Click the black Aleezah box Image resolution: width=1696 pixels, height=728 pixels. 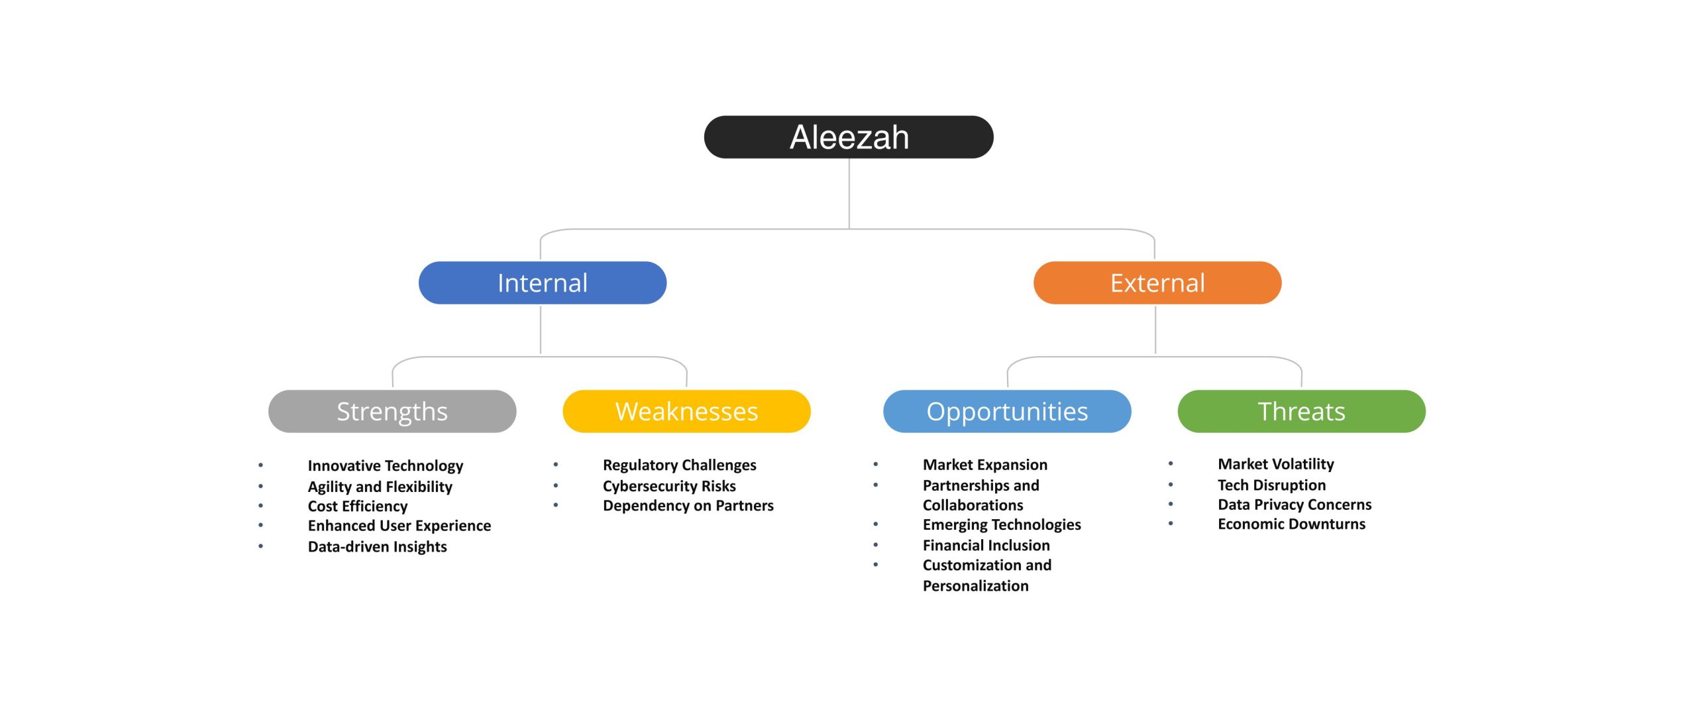click(x=848, y=137)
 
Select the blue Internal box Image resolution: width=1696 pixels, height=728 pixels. click(x=542, y=283)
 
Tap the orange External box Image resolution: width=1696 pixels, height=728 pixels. click(x=1157, y=283)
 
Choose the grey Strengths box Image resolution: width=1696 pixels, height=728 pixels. click(x=392, y=412)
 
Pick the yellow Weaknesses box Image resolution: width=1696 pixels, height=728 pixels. click(x=686, y=412)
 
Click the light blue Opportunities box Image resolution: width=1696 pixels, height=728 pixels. click(x=1006, y=412)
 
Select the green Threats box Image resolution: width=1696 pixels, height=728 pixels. click(x=1301, y=412)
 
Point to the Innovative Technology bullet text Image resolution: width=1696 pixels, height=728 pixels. click(x=385, y=465)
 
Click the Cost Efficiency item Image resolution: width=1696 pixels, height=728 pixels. click(x=357, y=506)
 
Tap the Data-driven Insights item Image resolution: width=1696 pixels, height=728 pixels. click(x=377, y=546)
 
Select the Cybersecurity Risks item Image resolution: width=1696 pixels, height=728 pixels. click(x=669, y=486)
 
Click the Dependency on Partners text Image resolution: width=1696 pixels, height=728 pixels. click(x=688, y=505)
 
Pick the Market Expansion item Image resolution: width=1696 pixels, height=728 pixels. click(x=984, y=465)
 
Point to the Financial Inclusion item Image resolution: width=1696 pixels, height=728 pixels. click(x=986, y=545)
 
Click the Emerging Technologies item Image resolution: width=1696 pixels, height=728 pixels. click(x=1001, y=524)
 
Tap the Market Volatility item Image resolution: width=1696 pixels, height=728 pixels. click(x=1275, y=464)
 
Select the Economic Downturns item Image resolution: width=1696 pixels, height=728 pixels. click(x=1291, y=524)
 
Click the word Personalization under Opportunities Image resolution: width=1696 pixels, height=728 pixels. click(x=975, y=585)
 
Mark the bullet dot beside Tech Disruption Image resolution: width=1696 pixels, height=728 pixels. click(x=1171, y=485)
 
